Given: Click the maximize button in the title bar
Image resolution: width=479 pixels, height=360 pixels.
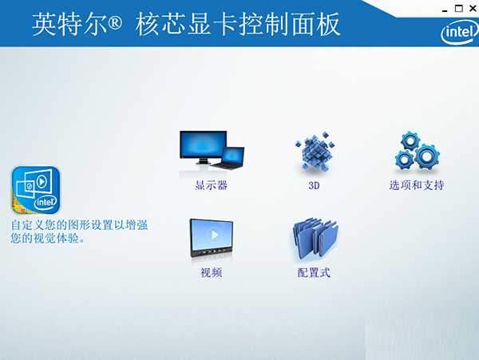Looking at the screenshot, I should pos(458,8).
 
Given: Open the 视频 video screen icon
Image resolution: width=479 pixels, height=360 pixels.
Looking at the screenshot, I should pos(211,239).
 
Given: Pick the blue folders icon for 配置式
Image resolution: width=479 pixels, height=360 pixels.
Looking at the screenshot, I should pos(314,239).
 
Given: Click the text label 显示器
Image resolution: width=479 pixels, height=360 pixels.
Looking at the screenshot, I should pos(211,185).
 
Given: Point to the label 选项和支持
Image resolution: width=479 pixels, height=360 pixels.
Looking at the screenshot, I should pos(416,185).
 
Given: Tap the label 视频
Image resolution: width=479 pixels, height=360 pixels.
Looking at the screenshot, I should pos(211,273).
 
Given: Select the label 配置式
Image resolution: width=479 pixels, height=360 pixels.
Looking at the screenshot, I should pos(314,273).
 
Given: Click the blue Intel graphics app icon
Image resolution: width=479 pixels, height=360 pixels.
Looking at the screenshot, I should pos(36,191).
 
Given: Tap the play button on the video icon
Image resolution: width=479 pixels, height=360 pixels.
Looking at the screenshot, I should pos(211,236).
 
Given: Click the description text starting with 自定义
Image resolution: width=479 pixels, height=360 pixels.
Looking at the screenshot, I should pos(80,231).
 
